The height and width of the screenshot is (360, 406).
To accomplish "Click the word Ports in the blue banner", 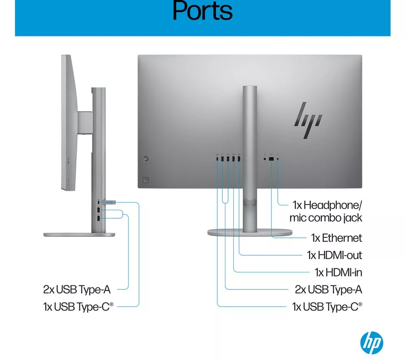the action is pyautogui.click(x=203, y=11).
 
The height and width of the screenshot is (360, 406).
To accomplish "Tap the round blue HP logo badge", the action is pyautogui.click(x=371, y=343).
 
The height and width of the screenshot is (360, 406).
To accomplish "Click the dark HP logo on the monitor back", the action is pyautogui.click(x=308, y=120).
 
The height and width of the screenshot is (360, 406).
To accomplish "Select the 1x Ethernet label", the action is pyautogui.click(x=336, y=238).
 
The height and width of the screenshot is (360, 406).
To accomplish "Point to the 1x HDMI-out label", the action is pyautogui.click(x=334, y=255).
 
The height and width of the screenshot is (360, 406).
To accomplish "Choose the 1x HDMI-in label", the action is pyautogui.click(x=338, y=272).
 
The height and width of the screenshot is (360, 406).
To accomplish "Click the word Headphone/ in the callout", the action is pyautogui.click(x=333, y=205).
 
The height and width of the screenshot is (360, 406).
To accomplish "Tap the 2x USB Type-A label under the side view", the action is pyautogui.click(x=77, y=289).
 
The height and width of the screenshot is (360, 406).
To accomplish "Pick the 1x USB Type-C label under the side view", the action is pyautogui.click(x=78, y=307).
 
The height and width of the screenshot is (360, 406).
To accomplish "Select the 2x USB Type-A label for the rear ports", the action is pyautogui.click(x=328, y=289).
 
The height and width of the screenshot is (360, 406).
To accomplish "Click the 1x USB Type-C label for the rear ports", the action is pyautogui.click(x=327, y=307).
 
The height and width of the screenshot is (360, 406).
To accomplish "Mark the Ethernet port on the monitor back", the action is pyautogui.click(x=271, y=159).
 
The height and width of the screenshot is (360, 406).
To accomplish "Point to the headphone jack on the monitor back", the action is pyautogui.click(x=278, y=159).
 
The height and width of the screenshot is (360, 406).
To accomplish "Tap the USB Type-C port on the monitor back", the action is pyautogui.click(x=217, y=158).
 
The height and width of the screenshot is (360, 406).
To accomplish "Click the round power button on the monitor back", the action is pyautogui.click(x=146, y=159).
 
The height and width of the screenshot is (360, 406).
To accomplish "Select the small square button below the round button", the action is pyautogui.click(x=146, y=180).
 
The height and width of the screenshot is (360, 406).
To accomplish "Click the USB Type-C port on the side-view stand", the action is pyautogui.click(x=98, y=202).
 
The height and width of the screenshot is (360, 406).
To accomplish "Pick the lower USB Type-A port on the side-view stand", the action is pyautogui.click(x=98, y=218).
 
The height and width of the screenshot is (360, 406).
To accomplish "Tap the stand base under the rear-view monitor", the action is pyautogui.click(x=250, y=232).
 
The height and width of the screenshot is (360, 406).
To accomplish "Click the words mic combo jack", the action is pyautogui.click(x=326, y=218).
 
